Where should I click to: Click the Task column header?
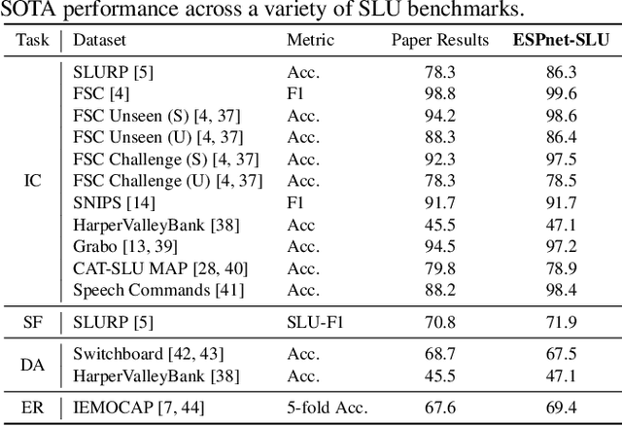pos(32,41)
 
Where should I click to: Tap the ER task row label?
pos(32,405)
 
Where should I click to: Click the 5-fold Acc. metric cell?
pos(330,405)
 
